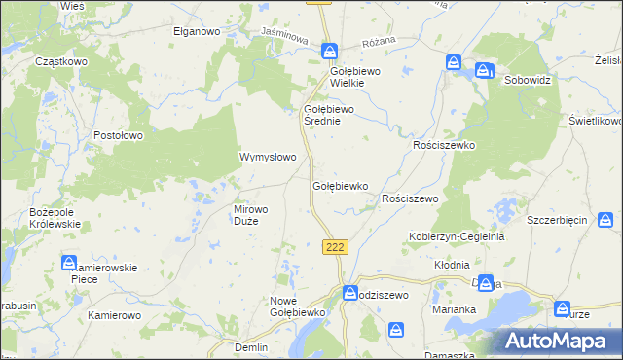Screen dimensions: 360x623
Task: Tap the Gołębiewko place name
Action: click(339, 185)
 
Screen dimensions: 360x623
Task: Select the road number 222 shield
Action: click(335, 248)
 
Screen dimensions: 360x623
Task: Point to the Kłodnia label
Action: click(452, 264)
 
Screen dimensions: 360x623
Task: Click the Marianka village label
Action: click(454, 310)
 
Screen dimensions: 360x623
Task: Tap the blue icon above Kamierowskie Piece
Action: click(70, 263)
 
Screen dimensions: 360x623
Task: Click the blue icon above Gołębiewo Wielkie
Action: click(331, 51)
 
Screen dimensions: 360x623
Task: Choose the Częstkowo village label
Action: click(61, 60)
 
